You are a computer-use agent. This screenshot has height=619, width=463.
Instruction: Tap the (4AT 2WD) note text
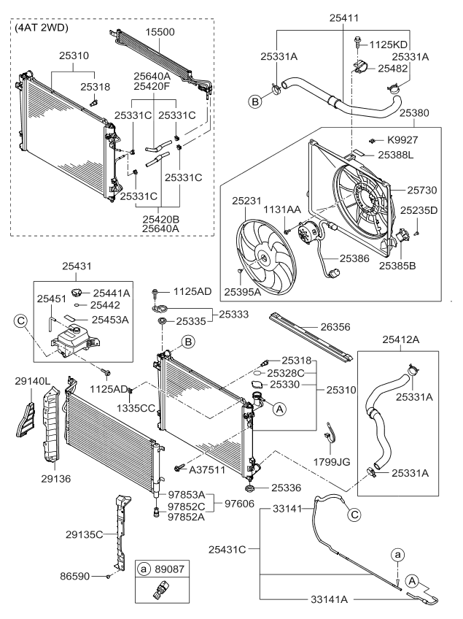42,28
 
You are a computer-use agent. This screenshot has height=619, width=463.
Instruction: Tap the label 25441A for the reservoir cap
111,293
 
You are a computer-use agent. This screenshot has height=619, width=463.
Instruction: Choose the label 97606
238,504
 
